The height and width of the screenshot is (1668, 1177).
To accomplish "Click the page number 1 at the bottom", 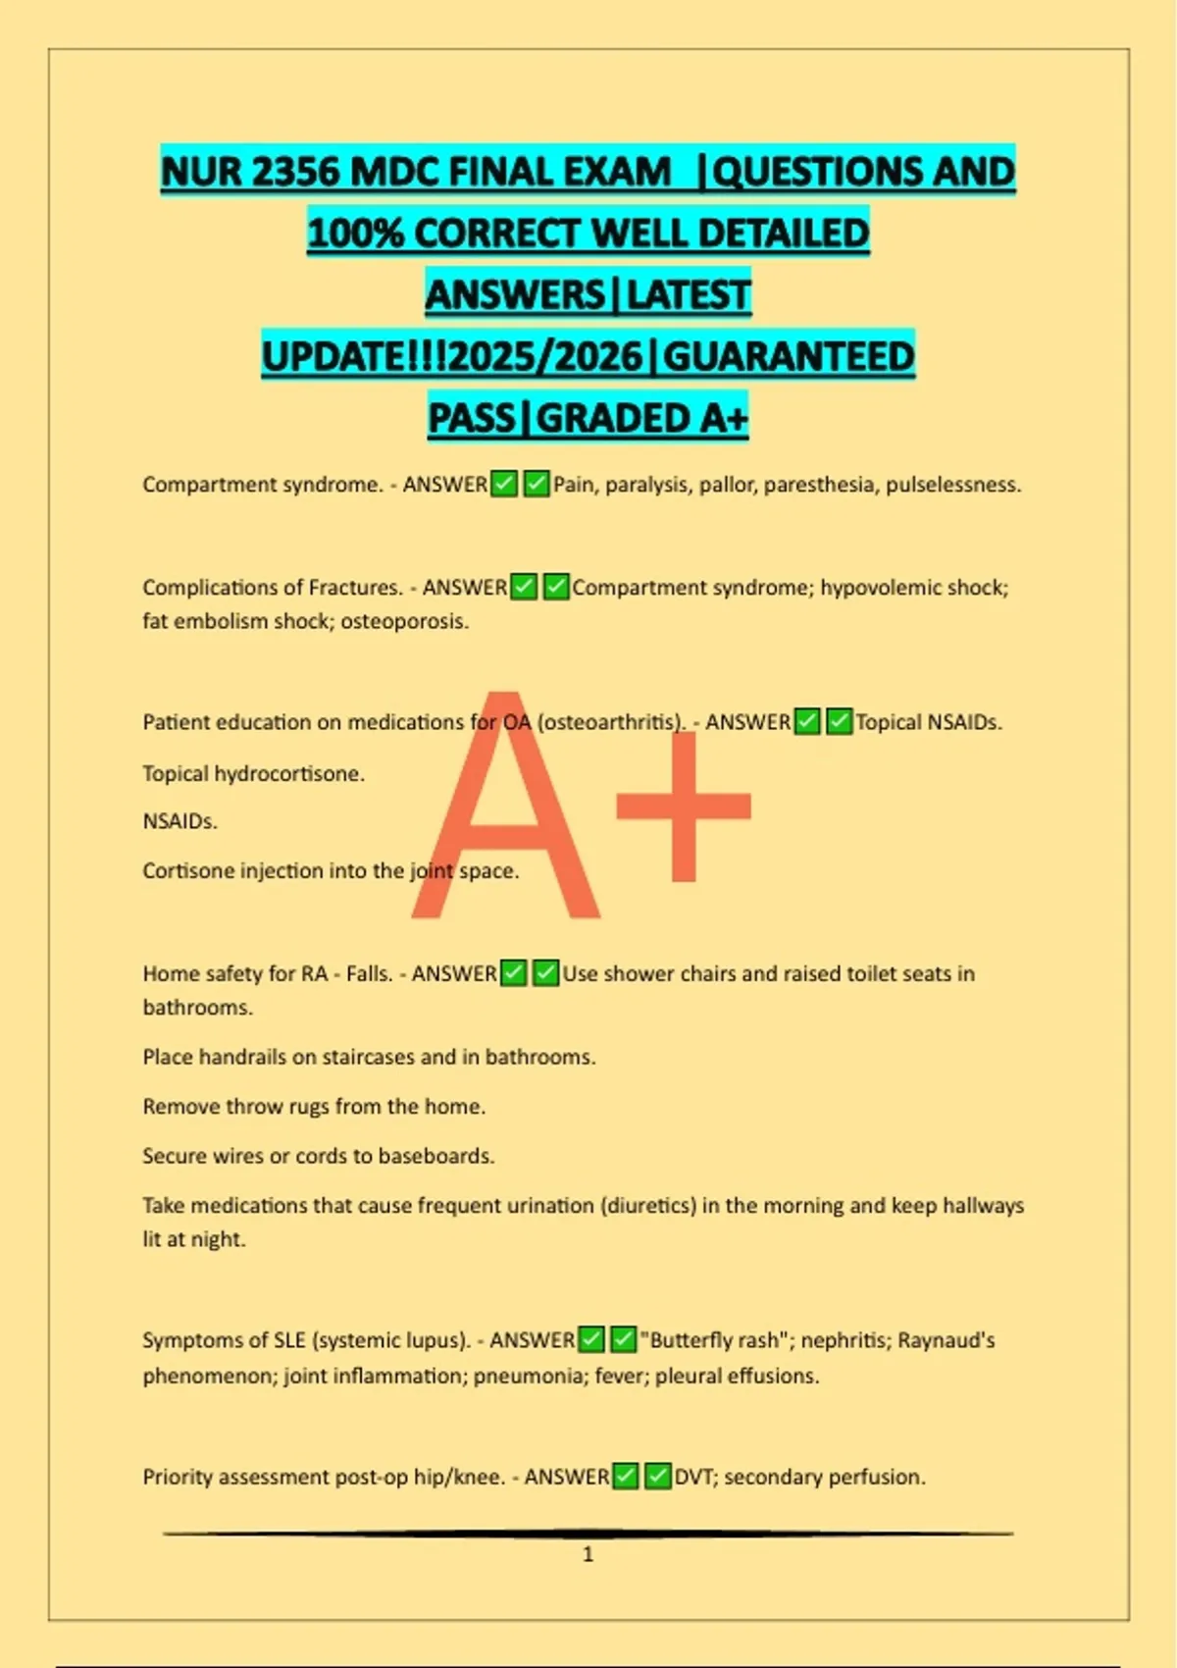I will pyautogui.click(x=588, y=1554).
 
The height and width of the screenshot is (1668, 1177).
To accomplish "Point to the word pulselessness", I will pyautogui.click(x=953, y=485).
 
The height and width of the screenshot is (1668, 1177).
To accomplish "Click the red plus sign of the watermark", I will pyautogui.click(x=684, y=807).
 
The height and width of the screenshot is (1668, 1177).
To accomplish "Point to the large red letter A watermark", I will pyautogui.click(x=506, y=814).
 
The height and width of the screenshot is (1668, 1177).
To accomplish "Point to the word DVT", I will pyautogui.click(x=694, y=1477).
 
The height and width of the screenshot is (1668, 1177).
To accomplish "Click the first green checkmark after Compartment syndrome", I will pyautogui.click(x=504, y=485).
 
